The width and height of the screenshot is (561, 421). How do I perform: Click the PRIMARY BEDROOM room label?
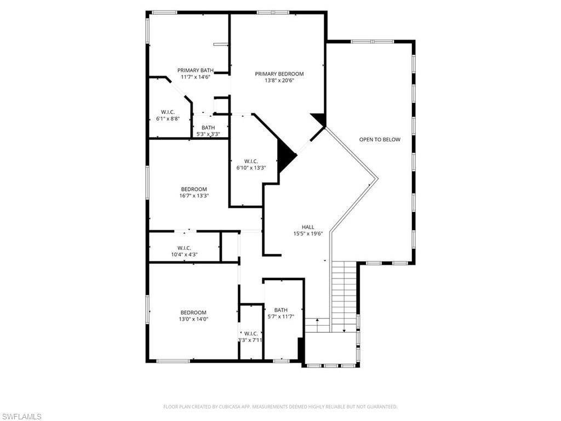pos(279,74)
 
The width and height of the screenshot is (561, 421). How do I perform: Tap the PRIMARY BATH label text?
pos(195,70)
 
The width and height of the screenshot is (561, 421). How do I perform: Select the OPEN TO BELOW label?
pos(380,139)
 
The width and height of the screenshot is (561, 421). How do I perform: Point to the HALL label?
pos(308,227)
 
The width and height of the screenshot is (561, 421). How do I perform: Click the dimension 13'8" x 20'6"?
pos(279,81)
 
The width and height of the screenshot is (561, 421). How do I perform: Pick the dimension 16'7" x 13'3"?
pos(194,196)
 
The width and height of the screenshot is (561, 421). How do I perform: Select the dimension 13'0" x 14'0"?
pos(194,319)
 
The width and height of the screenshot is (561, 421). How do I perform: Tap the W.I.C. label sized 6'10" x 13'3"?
pos(251,161)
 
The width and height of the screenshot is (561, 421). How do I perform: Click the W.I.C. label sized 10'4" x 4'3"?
pos(184,248)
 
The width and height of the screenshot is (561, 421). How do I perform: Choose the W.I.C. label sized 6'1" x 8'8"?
pos(168,112)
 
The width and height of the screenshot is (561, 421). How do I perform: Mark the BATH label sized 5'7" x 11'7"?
pos(280,310)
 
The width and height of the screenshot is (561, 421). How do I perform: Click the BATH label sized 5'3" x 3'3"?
pos(208,128)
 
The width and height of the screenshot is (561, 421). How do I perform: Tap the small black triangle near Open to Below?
pos(319,119)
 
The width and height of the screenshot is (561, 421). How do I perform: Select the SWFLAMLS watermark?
pos(21,417)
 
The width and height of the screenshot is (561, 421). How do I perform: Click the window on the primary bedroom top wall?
pos(272,12)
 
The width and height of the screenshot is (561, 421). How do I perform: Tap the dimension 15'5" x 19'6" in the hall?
pos(308,234)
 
